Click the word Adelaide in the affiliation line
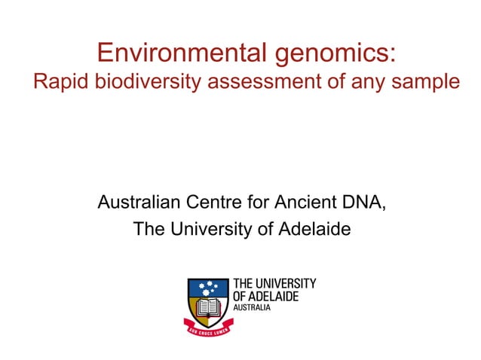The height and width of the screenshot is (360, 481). tap(316, 230)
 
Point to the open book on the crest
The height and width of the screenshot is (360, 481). tap(209, 307)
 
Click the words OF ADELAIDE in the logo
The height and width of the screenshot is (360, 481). tap(265, 297)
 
